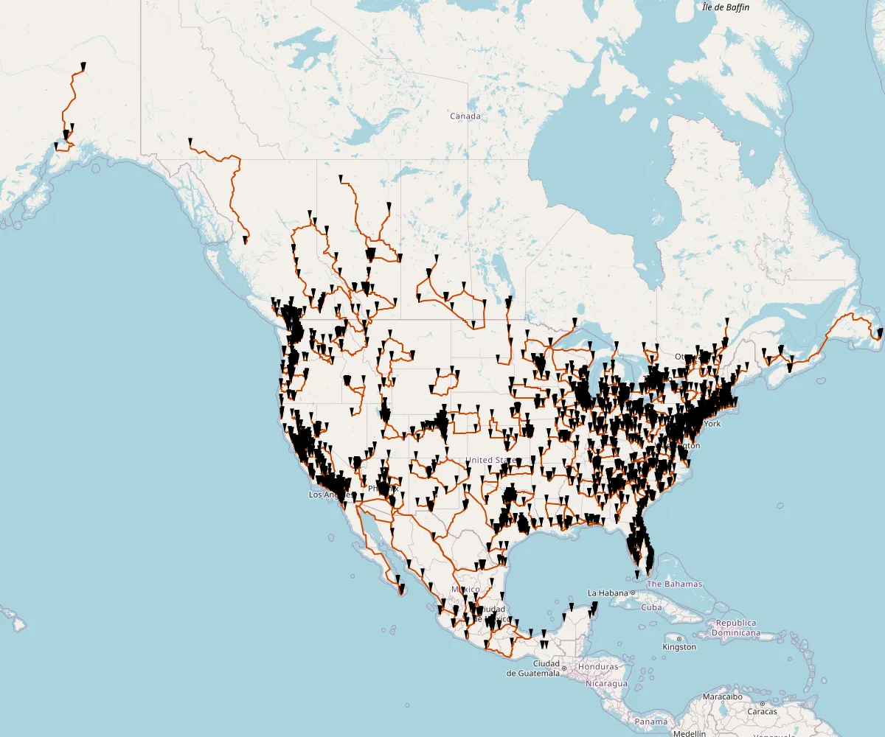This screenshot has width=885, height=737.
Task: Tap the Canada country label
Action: click(x=465, y=116)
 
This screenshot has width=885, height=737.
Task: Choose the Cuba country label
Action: click(x=651, y=607)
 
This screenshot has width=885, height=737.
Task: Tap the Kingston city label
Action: click(x=679, y=647)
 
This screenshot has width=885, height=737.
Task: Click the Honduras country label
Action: click(x=598, y=667)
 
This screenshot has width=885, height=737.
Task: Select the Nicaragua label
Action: click(x=606, y=683)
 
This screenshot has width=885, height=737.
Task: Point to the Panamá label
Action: click(x=651, y=722)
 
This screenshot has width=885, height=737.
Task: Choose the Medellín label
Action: click(x=690, y=733)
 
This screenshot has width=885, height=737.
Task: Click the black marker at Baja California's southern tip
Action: click(x=402, y=588)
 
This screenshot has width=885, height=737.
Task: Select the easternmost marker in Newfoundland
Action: click(x=881, y=333)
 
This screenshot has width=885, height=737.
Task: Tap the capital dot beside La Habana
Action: click(x=633, y=593)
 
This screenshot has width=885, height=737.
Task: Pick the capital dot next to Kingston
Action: click(x=678, y=638)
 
